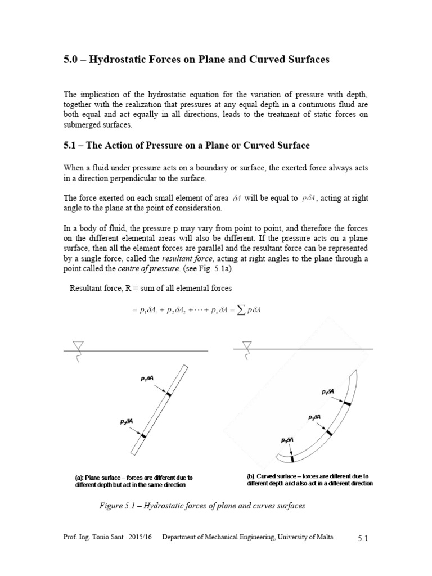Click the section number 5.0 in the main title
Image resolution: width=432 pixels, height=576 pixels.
70,60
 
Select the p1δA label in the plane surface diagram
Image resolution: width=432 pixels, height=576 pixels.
147,379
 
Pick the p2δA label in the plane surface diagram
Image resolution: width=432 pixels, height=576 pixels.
127,421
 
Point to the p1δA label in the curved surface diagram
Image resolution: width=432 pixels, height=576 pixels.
327,391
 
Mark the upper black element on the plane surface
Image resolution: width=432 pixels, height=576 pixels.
168,395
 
